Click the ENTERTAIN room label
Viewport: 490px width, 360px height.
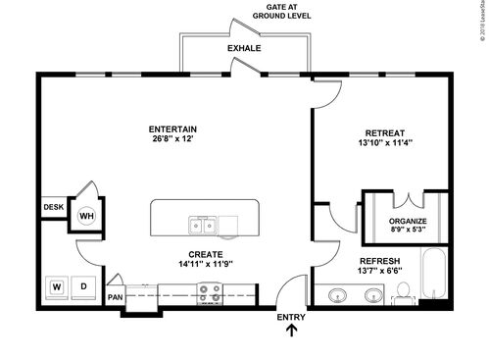172,129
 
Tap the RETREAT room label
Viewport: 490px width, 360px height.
386,133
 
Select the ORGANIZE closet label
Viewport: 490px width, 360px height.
408,221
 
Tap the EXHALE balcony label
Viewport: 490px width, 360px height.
244,48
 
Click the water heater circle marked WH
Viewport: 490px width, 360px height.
86,216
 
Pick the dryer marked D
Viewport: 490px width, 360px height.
85,287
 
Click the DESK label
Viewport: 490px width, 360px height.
53,208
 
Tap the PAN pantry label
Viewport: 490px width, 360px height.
116,297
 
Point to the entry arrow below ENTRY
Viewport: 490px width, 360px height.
291,333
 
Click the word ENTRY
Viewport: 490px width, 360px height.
291,317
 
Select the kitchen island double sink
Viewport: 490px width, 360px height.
204,226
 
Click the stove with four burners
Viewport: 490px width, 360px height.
210,291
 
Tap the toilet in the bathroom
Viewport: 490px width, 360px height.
403,291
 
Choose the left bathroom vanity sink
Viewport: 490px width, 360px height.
337,294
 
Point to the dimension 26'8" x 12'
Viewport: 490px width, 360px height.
172,139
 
